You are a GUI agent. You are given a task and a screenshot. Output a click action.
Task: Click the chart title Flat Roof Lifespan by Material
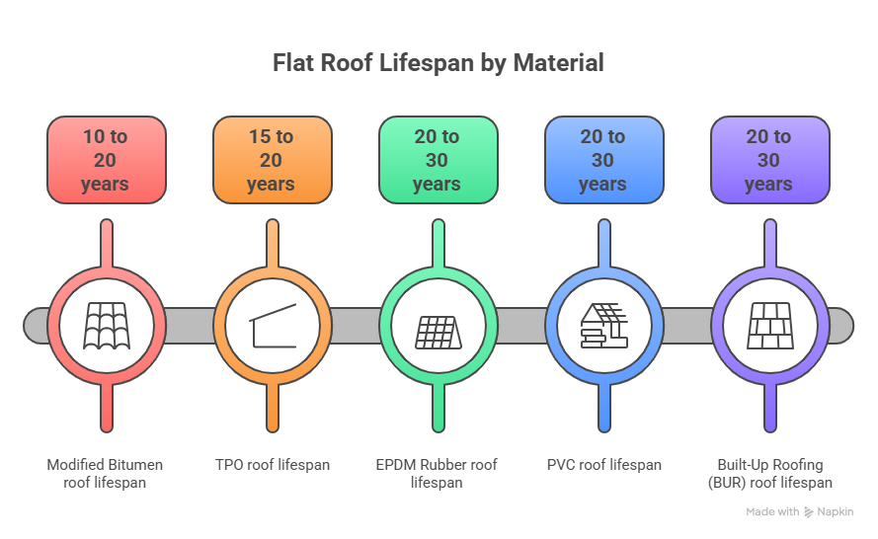438,63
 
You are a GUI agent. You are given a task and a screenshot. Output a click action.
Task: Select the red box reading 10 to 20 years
106,159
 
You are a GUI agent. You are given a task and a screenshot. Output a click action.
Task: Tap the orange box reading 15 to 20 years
271,159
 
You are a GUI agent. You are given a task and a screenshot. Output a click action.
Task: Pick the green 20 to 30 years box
437,159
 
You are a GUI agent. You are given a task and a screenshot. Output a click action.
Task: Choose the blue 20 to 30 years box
602,159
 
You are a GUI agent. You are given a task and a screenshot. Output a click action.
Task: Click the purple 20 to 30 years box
768,159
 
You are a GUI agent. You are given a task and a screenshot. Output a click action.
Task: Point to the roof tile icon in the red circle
106,325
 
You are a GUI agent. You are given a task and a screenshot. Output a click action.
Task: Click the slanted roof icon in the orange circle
271,325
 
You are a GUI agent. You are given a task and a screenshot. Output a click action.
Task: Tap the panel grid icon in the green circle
437,327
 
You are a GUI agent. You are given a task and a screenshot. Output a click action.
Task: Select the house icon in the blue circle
602,325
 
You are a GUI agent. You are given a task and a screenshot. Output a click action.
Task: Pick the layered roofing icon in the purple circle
768,325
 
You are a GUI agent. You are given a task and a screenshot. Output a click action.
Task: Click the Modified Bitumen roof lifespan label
106,473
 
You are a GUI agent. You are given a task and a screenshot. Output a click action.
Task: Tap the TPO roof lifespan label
272,464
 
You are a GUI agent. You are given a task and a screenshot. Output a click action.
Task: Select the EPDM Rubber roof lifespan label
437,473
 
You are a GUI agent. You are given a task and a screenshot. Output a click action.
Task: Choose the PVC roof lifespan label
603,464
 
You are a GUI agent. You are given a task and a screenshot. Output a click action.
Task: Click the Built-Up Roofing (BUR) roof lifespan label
769,473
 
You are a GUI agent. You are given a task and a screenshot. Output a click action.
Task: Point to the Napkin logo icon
808,512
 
